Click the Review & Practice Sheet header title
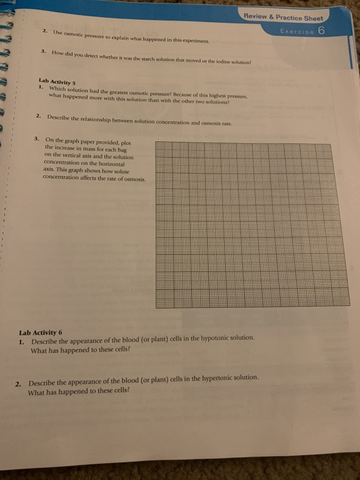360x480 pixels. [287, 18]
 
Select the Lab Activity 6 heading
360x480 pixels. [40, 332]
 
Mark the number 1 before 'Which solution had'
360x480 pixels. [41, 88]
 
